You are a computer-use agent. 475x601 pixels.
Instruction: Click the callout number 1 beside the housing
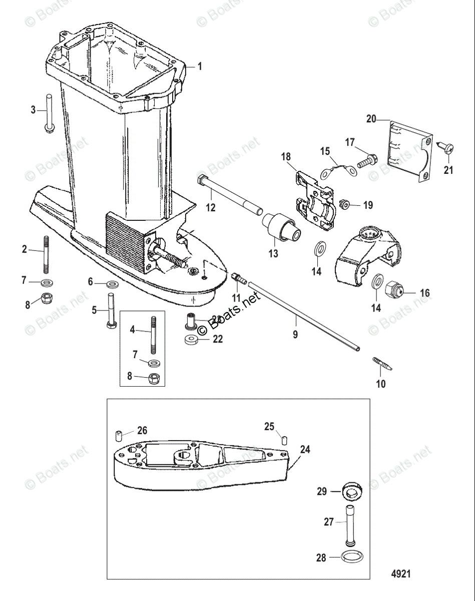[199, 66]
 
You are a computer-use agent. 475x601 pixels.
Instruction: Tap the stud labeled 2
[46, 253]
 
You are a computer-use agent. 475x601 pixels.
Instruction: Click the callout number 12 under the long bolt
[211, 207]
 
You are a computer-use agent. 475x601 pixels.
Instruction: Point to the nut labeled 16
[394, 289]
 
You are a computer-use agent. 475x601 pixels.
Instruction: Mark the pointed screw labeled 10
[382, 364]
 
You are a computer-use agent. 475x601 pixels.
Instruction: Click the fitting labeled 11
[238, 278]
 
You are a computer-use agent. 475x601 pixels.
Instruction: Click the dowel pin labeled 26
[120, 434]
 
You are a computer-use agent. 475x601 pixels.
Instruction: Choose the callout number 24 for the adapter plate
[305, 449]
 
